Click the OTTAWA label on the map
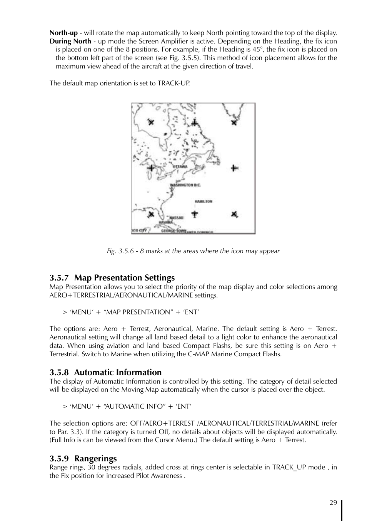[180, 167]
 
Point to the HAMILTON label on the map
[203, 201]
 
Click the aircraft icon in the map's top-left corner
[151, 122]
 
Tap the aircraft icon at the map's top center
[195, 122]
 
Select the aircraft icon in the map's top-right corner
[234, 122]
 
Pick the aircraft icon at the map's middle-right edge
[235, 168]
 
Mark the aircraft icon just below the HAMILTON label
[195, 214]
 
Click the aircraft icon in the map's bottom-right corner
[234, 214]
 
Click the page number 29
[333, 503]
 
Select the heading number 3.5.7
[59, 278]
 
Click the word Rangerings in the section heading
[95, 459]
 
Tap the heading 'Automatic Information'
[118, 372]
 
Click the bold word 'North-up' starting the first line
[63, 33]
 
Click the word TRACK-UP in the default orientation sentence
[173, 83]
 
